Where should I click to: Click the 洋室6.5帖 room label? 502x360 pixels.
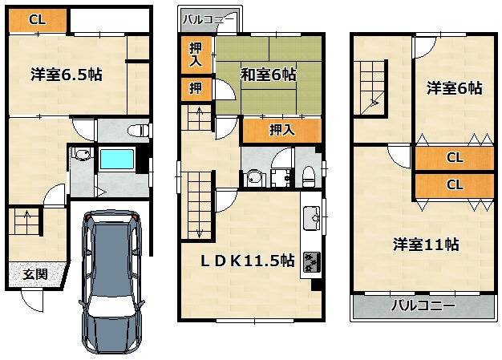pyautogui.click(x=67, y=75)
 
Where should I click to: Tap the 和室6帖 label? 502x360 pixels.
pyautogui.click(x=269, y=75)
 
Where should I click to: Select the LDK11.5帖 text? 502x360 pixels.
pyautogui.click(x=248, y=261)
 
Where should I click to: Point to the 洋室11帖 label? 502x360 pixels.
pyautogui.click(x=426, y=245)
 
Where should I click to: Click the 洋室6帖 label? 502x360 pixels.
pyautogui.click(x=455, y=88)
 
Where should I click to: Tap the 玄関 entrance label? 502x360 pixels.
pyautogui.click(x=35, y=274)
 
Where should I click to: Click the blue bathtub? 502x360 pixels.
pyautogui.click(x=117, y=159)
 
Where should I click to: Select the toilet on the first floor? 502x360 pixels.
pyautogui.click(x=138, y=131)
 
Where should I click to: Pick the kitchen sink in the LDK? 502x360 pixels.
pyautogui.click(x=311, y=218)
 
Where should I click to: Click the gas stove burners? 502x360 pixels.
pyautogui.click(x=311, y=262)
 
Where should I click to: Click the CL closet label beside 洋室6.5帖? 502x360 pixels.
pyautogui.click(x=37, y=20)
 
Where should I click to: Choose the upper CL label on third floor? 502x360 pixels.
pyautogui.click(x=455, y=157)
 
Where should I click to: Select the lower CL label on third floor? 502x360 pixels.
pyautogui.click(x=455, y=184)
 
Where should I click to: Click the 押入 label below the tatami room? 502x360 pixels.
pyautogui.click(x=281, y=130)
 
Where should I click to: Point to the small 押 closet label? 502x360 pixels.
pyautogui.click(x=196, y=88)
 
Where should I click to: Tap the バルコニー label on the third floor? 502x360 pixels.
pyautogui.click(x=423, y=305)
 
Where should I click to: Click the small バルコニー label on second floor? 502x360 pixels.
pyautogui.click(x=208, y=19)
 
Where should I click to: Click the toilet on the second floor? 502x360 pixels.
pyautogui.click(x=309, y=176)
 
